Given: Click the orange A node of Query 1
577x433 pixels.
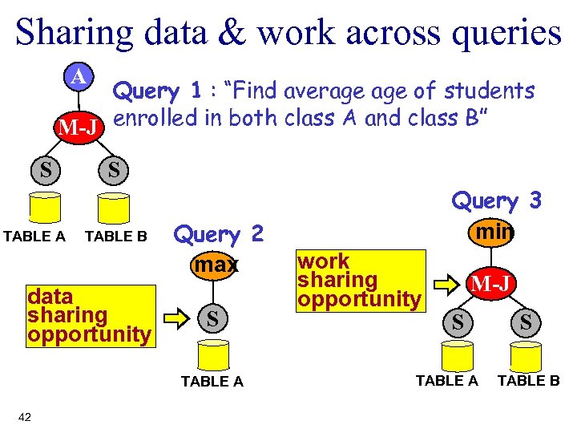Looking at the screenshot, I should (x=79, y=77).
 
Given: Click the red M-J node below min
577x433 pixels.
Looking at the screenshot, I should (x=490, y=282).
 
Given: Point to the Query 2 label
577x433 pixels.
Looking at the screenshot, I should (x=218, y=234).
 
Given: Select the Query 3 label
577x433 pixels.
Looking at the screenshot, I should (x=497, y=200).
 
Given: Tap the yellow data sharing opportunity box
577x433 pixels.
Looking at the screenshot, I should (x=88, y=315).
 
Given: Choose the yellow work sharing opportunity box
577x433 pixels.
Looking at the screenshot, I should (x=359, y=280).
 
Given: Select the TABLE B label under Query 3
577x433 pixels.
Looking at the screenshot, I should (x=528, y=381).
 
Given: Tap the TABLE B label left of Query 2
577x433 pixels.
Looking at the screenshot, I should (x=116, y=236).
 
